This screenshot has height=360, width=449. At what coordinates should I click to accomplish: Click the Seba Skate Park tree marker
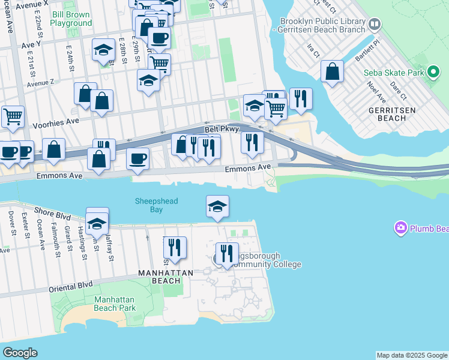434,73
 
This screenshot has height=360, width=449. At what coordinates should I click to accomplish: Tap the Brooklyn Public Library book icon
375,25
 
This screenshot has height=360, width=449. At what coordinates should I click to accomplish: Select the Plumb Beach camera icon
400,228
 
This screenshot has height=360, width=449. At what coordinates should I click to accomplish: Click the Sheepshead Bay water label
156,205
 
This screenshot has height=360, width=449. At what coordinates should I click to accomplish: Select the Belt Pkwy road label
221,129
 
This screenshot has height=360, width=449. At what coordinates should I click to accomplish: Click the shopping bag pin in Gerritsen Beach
332,72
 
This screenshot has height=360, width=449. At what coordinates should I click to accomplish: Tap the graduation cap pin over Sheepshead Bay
217,207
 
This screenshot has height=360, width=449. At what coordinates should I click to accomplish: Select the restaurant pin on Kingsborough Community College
227,254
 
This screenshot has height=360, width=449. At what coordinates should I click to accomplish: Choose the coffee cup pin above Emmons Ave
137,159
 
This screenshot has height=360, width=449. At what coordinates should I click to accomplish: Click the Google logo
20,353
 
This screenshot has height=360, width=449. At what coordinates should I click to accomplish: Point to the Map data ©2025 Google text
412,355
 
